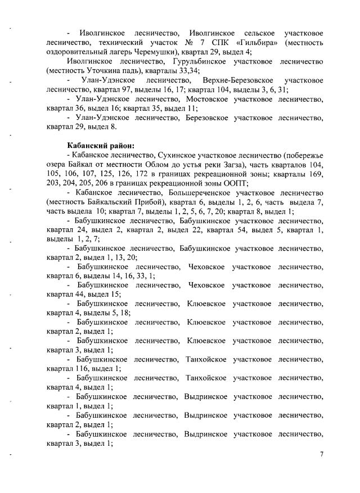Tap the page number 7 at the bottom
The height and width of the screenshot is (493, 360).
(x=322, y=455)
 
